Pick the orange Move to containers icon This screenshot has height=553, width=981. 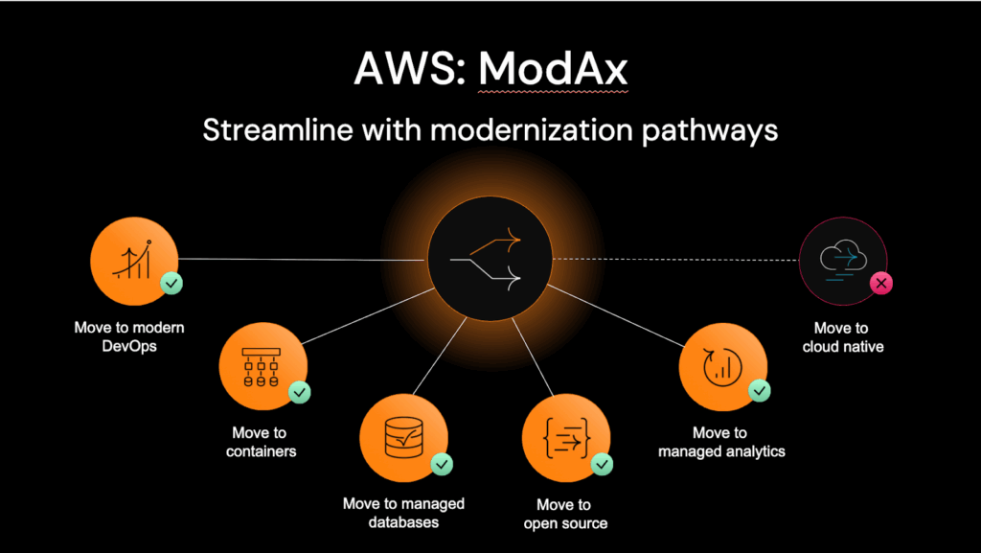(262, 366)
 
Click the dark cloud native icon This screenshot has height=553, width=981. (842, 259)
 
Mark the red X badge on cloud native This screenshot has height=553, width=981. (880, 284)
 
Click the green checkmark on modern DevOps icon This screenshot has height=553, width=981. (171, 284)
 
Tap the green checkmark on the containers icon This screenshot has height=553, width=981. (299, 391)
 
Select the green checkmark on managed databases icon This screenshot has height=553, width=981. (442, 464)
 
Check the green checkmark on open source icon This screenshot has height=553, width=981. (603, 464)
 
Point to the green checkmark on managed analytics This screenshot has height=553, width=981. (760, 391)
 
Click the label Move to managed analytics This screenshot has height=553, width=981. (720, 442)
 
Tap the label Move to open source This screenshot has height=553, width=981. (564, 514)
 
